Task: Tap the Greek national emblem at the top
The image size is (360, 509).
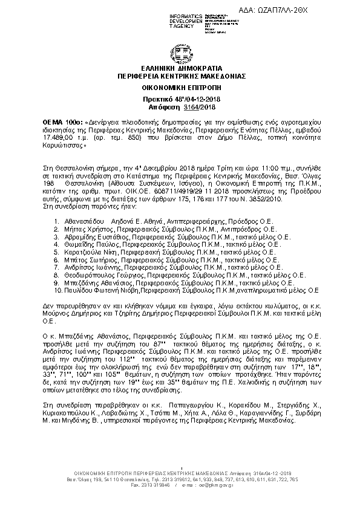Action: [x=180, y=50]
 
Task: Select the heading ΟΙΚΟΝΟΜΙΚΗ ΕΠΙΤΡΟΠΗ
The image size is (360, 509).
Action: [x=180, y=88]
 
